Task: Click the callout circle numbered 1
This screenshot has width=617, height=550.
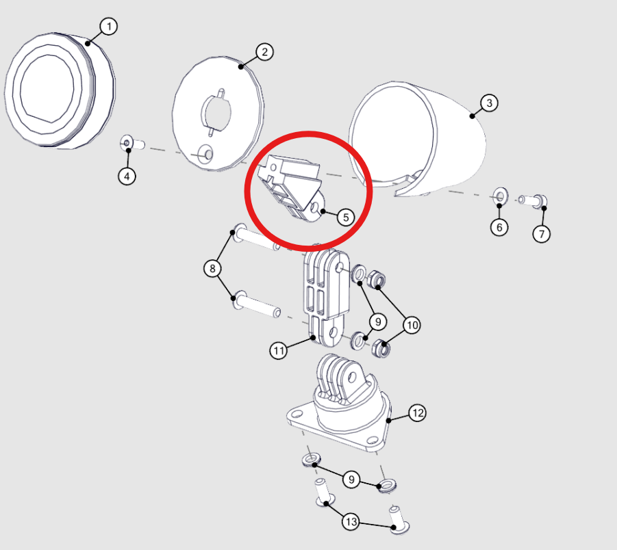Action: point(109,27)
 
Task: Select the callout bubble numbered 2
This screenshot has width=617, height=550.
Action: point(264,52)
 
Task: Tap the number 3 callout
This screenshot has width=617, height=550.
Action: point(489,103)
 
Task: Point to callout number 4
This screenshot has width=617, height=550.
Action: point(127,176)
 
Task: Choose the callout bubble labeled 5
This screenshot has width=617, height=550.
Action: point(346,217)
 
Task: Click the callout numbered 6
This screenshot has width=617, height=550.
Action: point(499,227)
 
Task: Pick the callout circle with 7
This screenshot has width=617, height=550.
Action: point(542,234)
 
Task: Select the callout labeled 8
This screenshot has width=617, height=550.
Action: point(212,269)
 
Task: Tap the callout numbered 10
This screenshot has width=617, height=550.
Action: point(412,325)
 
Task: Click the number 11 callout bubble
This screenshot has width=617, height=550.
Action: point(279,350)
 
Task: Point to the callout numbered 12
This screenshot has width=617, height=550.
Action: point(417,413)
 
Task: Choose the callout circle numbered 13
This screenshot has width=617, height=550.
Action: point(351,522)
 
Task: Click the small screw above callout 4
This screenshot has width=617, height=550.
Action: point(132,144)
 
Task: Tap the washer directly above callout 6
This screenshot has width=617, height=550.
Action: point(501,196)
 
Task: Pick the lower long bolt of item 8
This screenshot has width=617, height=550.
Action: point(257,304)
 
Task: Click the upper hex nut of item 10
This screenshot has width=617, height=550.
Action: point(376,278)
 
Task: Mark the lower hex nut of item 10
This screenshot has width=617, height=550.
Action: point(381,348)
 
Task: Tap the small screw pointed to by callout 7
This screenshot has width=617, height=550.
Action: point(533,200)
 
